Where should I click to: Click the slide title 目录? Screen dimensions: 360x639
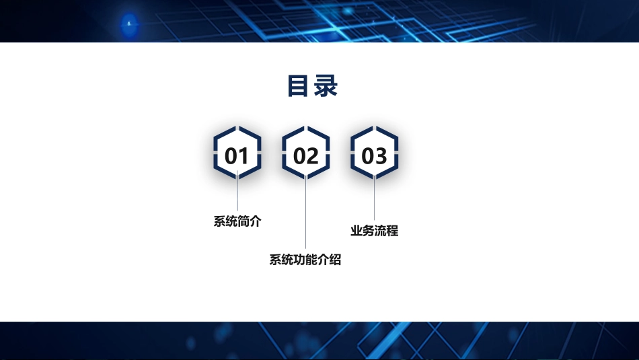(312, 86)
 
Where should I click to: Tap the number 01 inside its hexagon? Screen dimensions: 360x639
(237, 156)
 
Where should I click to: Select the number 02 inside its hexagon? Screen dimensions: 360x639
(306, 156)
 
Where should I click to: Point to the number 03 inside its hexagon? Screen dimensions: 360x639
(375, 156)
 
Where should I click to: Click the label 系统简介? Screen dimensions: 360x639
(237, 221)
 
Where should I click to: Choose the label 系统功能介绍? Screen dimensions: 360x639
(305, 260)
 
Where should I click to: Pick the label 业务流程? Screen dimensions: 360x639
(374, 231)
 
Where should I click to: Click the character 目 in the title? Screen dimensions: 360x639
(299, 86)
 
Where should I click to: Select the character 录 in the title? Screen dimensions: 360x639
(326, 86)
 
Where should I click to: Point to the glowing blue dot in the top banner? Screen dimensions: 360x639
(128, 24)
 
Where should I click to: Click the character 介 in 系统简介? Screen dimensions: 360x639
(255, 221)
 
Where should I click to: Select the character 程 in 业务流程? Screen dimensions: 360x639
(392, 231)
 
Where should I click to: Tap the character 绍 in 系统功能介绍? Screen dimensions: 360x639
(335, 260)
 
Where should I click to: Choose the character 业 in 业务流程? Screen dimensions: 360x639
(356, 231)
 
